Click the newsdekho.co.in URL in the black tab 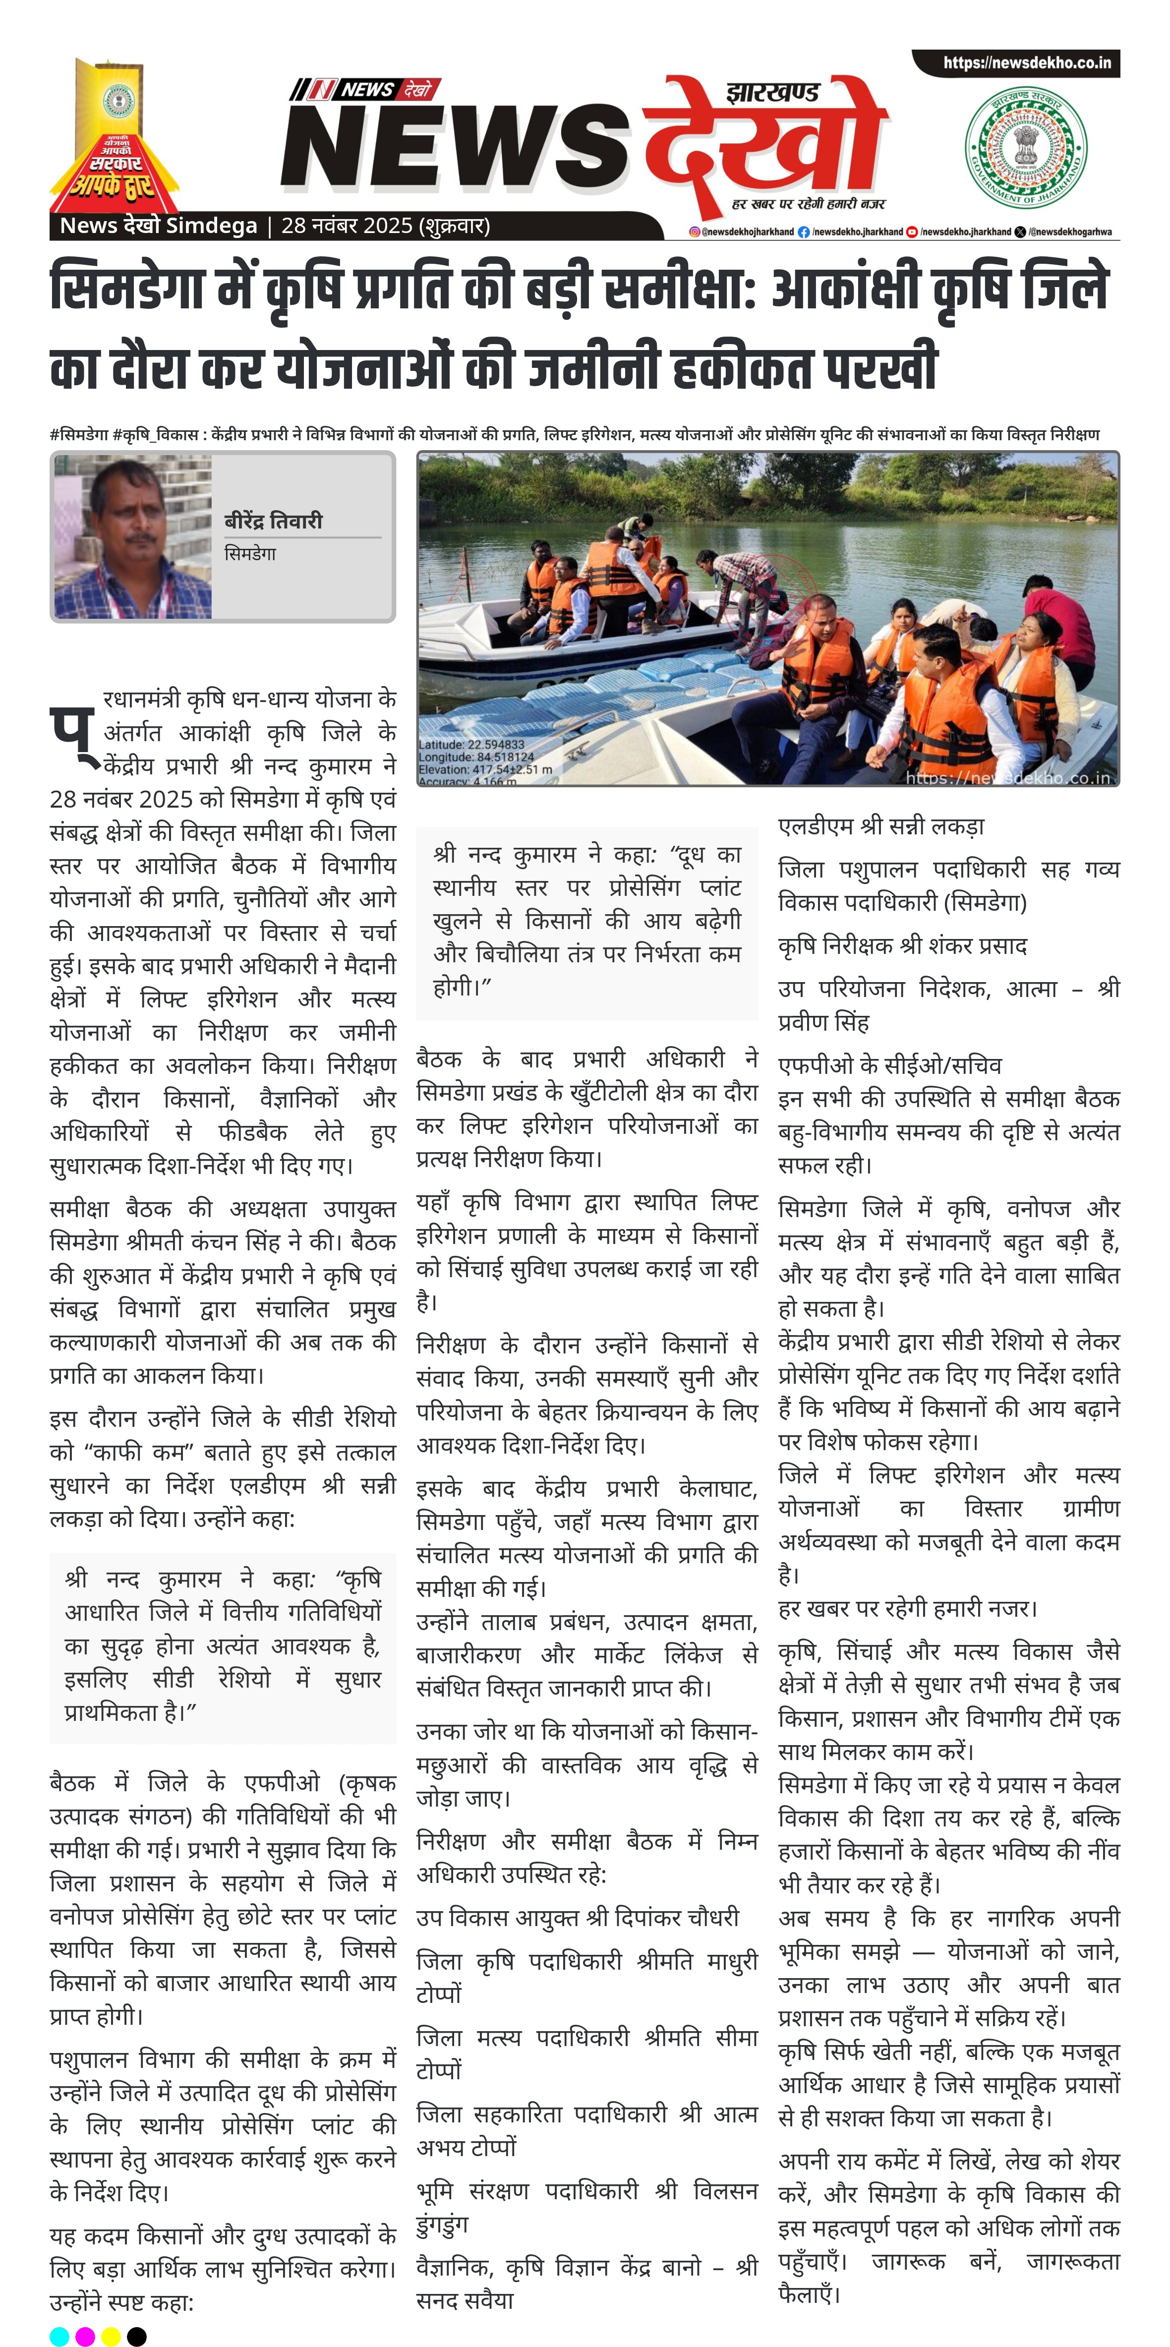coord(1026,63)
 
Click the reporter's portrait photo coord(133,537)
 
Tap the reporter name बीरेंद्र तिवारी coord(273,521)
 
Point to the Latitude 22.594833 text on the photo coord(471,744)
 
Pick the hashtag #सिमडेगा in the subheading coord(79,435)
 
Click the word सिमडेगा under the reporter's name coord(250,554)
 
